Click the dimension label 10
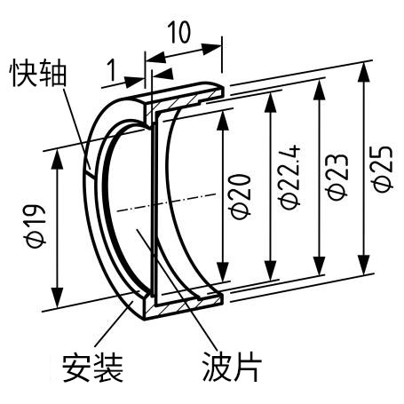pyautogui.click(x=179, y=33)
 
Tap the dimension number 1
pyautogui.click(x=112, y=70)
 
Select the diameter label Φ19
pyautogui.click(x=36, y=226)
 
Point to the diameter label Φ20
pyautogui.click(x=241, y=196)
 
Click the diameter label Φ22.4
pyautogui.click(x=290, y=178)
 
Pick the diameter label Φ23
pyautogui.click(x=337, y=178)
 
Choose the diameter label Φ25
pyautogui.click(x=383, y=169)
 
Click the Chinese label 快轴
pyautogui.click(x=39, y=74)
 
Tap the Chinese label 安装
pyautogui.click(x=92, y=368)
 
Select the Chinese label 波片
pyautogui.click(x=233, y=367)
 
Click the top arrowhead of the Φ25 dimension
pyautogui.click(x=363, y=72)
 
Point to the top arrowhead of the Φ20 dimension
pyautogui.click(x=224, y=121)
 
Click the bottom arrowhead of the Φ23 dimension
pyautogui.click(x=319, y=265)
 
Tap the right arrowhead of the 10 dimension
pyautogui.click(x=212, y=49)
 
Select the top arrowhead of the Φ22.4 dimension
pyautogui.click(x=270, y=103)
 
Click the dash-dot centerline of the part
pyautogui.click(x=167, y=202)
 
